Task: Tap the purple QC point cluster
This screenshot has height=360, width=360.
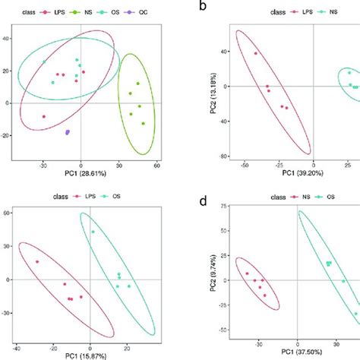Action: point(68,132)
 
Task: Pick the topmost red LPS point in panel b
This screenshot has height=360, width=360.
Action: point(256,53)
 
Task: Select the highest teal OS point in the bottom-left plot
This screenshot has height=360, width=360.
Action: point(93,232)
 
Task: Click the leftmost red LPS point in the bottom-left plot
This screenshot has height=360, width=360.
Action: point(36,262)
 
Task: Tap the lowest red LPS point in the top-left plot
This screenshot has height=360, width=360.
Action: point(43,116)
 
